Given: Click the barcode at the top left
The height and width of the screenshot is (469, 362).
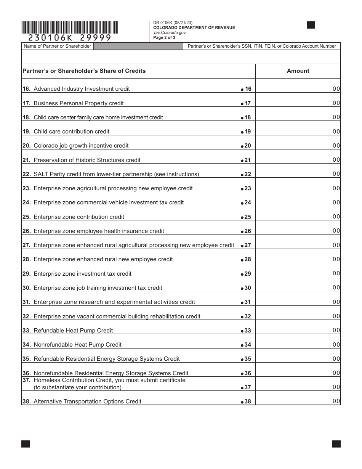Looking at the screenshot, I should click(x=69, y=28).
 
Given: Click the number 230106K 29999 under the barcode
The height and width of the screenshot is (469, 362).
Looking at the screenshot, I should click(x=69, y=37).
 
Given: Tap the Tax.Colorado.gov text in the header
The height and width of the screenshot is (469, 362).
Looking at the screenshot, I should click(x=169, y=33).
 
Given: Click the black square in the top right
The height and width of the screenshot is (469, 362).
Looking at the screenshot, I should click(x=311, y=25).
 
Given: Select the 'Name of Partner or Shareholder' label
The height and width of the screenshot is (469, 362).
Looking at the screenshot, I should click(x=58, y=46).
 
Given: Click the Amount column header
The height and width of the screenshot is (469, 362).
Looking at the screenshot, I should click(x=298, y=71).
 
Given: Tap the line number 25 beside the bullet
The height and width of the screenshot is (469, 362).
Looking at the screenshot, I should click(x=248, y=217).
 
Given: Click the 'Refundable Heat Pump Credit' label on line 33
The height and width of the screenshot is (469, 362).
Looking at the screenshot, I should click(x=73, y=331).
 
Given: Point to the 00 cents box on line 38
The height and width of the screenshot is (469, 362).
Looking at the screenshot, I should click(x=336, y=401).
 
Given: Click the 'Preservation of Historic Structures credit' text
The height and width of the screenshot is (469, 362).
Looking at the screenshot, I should click(x=87, y=160).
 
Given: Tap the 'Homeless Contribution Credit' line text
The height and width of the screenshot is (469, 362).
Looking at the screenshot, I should click(x=109, y=380).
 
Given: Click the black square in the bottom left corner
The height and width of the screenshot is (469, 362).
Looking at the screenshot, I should click(x=26, y=444).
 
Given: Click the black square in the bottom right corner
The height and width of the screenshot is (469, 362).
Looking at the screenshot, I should click(x=336, y=444).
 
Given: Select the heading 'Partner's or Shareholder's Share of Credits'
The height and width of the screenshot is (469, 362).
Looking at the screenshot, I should click(x=84, y=71).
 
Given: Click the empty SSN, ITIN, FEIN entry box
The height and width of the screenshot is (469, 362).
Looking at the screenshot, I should click(x=262, y=57).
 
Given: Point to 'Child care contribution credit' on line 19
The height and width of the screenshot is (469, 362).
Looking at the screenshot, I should click(x=71, y=132).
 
